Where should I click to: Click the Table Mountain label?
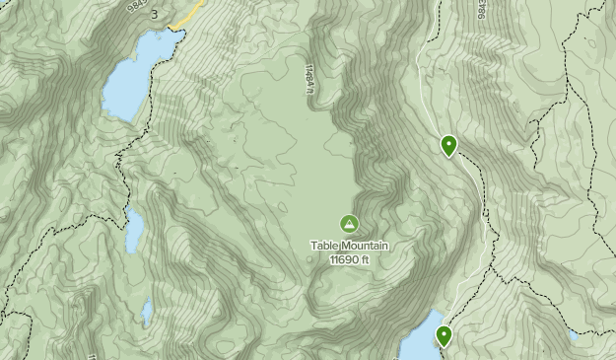(348, 247)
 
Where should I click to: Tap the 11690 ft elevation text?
(349, 260)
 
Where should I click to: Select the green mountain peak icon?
(348, 224)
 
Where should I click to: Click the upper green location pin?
(448, 146)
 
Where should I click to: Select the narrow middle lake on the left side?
(134, 229)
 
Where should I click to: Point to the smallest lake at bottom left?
(147, 313)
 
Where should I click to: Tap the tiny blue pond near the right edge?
(573, 336)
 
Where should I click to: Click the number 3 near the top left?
(154, 14)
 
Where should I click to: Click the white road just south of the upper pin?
(471, 178)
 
